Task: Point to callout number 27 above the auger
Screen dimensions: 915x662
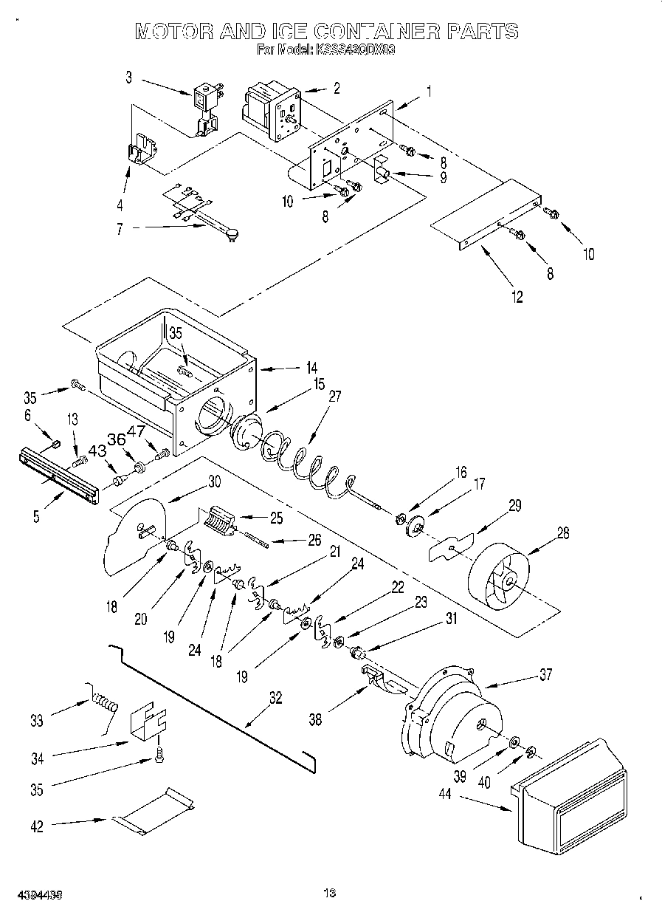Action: click(x=334, y=396)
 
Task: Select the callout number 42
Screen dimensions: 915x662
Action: click(x=37, y=826)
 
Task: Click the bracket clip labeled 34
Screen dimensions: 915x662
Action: click(x=148, y=720)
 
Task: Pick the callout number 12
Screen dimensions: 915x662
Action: click(x=517, y=297)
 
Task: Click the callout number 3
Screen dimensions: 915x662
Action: click(x=128, y=76)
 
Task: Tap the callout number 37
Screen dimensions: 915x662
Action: click(x=545, y=674)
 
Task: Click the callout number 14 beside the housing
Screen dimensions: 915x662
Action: click(x=312, y=367)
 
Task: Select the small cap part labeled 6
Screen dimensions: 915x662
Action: click(x=54, y=442)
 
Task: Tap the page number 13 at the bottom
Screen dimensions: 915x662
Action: click(x=330, y=894)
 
